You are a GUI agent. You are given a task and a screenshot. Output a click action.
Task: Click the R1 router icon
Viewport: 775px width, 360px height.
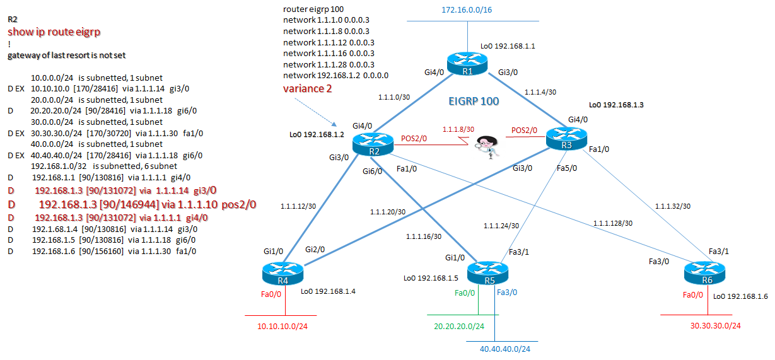click(467, 63)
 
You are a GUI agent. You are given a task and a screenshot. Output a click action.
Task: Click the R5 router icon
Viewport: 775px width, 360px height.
click(487, 272)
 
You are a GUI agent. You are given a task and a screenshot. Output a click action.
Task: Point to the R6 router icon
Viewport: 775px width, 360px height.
click(704, 274)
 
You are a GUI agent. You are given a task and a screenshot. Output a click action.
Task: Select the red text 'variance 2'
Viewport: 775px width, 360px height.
click(307, 88)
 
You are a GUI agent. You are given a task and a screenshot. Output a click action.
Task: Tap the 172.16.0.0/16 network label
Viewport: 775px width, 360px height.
click(467, 10)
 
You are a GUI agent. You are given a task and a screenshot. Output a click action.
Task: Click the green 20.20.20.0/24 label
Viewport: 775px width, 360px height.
click(459, 326)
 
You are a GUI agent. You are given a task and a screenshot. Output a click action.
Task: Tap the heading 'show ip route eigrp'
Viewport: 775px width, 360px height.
click(54, 32)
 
